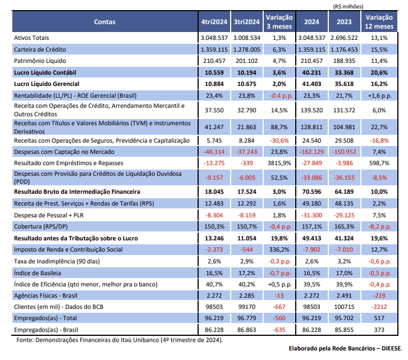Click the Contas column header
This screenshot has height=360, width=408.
pos(105,22)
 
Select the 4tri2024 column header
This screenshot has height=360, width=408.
pos(214,22)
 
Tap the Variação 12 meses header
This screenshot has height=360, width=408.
pos(379,22)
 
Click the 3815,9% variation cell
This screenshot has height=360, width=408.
pos(275,162)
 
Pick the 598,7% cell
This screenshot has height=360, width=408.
pos(379,162)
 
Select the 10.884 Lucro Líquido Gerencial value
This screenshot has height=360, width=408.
pos(214,83)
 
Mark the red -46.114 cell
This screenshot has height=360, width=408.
pos(213,152)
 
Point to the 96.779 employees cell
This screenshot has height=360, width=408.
pos(246,317)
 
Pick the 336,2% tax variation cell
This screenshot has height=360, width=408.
pos(275,249)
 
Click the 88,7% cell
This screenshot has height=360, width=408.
pos(275,126)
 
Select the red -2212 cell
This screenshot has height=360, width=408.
pos(379,307)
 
